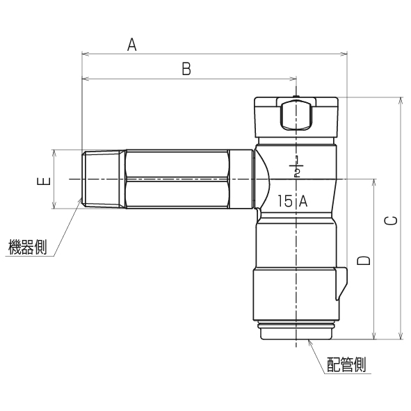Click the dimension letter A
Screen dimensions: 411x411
pos(132,45)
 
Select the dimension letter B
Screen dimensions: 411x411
pos(186,69)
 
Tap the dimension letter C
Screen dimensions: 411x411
pos(391,220)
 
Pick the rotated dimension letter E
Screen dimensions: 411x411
pos(44,181)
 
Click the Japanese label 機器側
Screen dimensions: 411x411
pos(28,247)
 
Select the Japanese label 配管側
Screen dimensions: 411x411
pos(346,364)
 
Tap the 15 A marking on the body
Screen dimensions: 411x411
pos(292,201)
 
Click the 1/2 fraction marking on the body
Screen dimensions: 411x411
pos(296,166)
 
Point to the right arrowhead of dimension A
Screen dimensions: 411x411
pos(344,54)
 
